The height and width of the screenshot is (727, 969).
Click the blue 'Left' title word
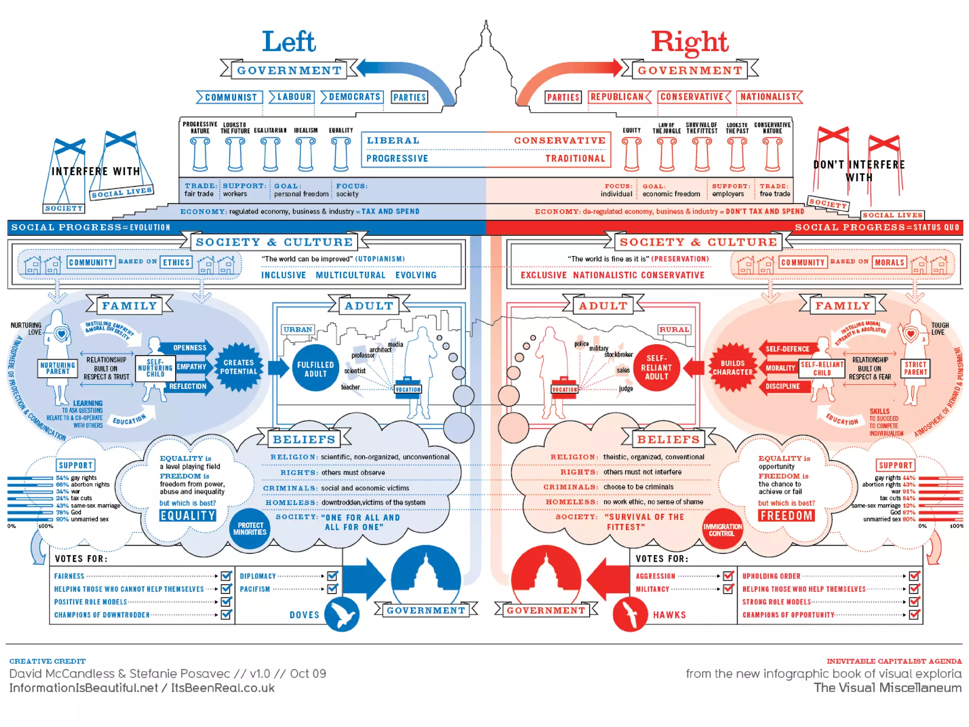click(x=289, y=42)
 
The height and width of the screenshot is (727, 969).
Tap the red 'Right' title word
click(x=689, y=43)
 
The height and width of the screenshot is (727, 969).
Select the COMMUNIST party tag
click(x=230, y=98)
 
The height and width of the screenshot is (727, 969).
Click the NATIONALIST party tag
click(x=768, y=97)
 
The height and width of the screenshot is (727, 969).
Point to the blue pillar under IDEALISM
click(x=305, y=154)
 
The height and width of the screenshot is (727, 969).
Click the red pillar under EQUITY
click(x=632, y=154)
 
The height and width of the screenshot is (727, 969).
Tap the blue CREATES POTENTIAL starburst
click(x=239, y=367)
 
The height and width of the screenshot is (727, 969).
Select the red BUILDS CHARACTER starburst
click(x=732, y=368)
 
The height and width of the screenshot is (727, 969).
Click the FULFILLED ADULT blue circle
click(x=316, y=369)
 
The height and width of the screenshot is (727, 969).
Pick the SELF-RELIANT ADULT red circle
click(x=656, y=368)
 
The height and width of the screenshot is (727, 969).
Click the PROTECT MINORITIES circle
click(x=250, y=529)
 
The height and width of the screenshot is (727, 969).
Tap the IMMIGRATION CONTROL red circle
click(x=722, y=530)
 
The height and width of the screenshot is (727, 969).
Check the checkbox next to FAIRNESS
click(x=226, y=576)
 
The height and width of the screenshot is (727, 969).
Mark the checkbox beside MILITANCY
click(x=728, y=589)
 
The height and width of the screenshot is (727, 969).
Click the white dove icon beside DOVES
click(x=342, y=614)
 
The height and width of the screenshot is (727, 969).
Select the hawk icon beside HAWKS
click(x=630, y=614)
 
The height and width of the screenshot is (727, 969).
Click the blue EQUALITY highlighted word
click(x=188, y=515)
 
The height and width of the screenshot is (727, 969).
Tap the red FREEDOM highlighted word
click(x=786, y=515)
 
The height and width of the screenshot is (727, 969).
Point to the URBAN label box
click(x=298, y=329)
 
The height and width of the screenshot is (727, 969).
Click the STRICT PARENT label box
click(x=916, y=368)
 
